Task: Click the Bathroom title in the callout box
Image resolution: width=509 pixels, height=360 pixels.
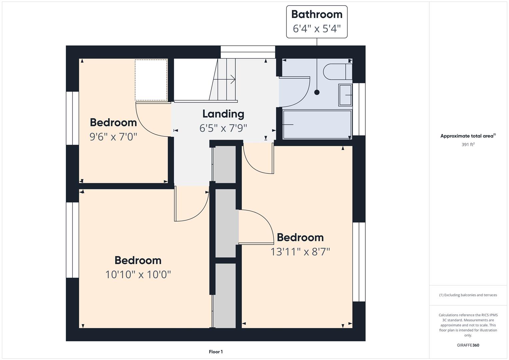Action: coord(317,14)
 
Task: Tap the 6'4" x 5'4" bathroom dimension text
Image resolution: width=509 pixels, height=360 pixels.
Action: coord(317,29)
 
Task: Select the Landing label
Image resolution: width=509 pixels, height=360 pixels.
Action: coord(223,114)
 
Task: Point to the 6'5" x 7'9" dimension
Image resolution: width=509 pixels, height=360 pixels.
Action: coord(223,128)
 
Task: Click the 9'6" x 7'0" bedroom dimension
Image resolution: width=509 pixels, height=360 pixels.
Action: coord(113,137)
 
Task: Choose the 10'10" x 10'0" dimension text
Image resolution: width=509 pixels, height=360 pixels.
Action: coord(138,275)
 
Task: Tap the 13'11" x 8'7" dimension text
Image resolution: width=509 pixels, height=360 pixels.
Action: coord(300,252)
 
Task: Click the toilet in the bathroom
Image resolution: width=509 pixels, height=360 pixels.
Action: coord(338,72)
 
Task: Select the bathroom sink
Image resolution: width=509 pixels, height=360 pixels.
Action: coord(345,95)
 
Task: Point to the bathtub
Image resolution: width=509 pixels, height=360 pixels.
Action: coord(317,125)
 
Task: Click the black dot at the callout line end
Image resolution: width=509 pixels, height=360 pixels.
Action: coord(317,92)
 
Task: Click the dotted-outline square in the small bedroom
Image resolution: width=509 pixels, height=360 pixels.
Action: coord(151,80)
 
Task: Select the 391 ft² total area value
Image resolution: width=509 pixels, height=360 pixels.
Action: coord(468,145)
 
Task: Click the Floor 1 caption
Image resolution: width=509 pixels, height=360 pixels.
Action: coord(216,352)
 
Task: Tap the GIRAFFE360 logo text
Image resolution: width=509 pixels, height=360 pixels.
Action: coord(468,345)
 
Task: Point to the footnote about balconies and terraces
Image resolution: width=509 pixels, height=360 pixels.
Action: coord(468,295)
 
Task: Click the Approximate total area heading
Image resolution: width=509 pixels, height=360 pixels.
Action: coord(468,136)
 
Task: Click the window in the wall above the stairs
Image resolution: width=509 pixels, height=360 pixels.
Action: coord(248,52)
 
